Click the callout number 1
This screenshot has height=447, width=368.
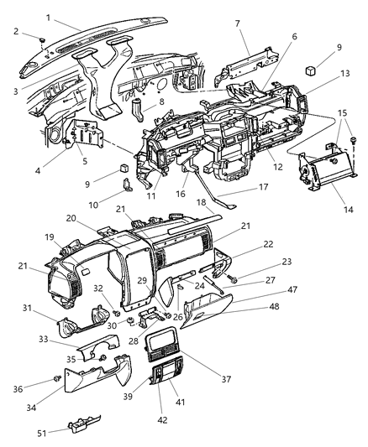pyautogui.click(x=49, y=17)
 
